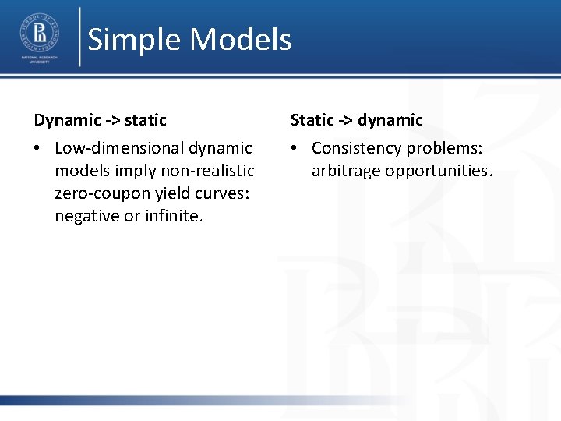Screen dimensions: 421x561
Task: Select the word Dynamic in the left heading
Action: click(67, 120)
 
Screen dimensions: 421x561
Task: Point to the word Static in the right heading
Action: click(312, 120)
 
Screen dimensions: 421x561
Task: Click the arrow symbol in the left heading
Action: click(113, 120)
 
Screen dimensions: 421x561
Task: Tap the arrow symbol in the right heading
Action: click(346, 120)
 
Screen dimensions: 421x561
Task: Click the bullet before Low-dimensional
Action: click(39, 148)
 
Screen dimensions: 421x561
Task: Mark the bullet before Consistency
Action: click(296, 148)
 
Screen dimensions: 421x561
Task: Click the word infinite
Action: click(174, 216)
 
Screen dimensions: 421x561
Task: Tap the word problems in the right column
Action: click(450, 148)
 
